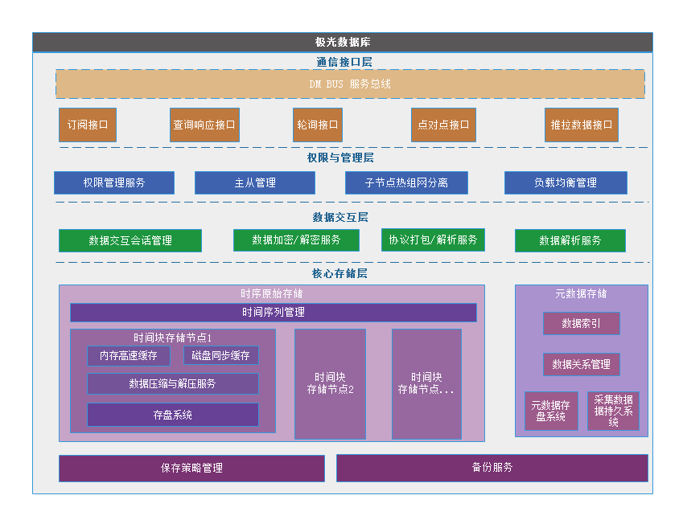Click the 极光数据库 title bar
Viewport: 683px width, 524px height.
point(343,43)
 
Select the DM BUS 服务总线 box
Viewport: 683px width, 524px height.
point(350,84)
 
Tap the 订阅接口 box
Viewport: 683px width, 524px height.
point(88,125)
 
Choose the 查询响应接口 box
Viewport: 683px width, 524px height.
point(204,125)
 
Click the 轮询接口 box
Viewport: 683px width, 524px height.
point(318,125)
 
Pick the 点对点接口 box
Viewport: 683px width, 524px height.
point(443,125)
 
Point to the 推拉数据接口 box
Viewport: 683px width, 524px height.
point(582,125)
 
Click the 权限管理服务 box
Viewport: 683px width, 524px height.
point(114,182)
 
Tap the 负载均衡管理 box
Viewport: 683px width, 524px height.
point(566,182)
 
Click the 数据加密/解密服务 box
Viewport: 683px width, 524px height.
point(296,239)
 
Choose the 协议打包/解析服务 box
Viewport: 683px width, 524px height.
point(433,239)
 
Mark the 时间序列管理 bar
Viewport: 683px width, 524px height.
point(274,312)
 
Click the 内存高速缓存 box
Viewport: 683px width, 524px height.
point(129,355)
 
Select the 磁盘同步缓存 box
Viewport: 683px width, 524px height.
point(220,355)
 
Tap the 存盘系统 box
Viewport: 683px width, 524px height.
point(173,415)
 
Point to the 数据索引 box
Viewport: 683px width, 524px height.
point(581,323)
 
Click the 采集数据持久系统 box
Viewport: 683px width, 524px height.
point(613,411)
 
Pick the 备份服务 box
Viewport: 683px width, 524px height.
point(492,468)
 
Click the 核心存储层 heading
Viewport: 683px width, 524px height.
point(340,273)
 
